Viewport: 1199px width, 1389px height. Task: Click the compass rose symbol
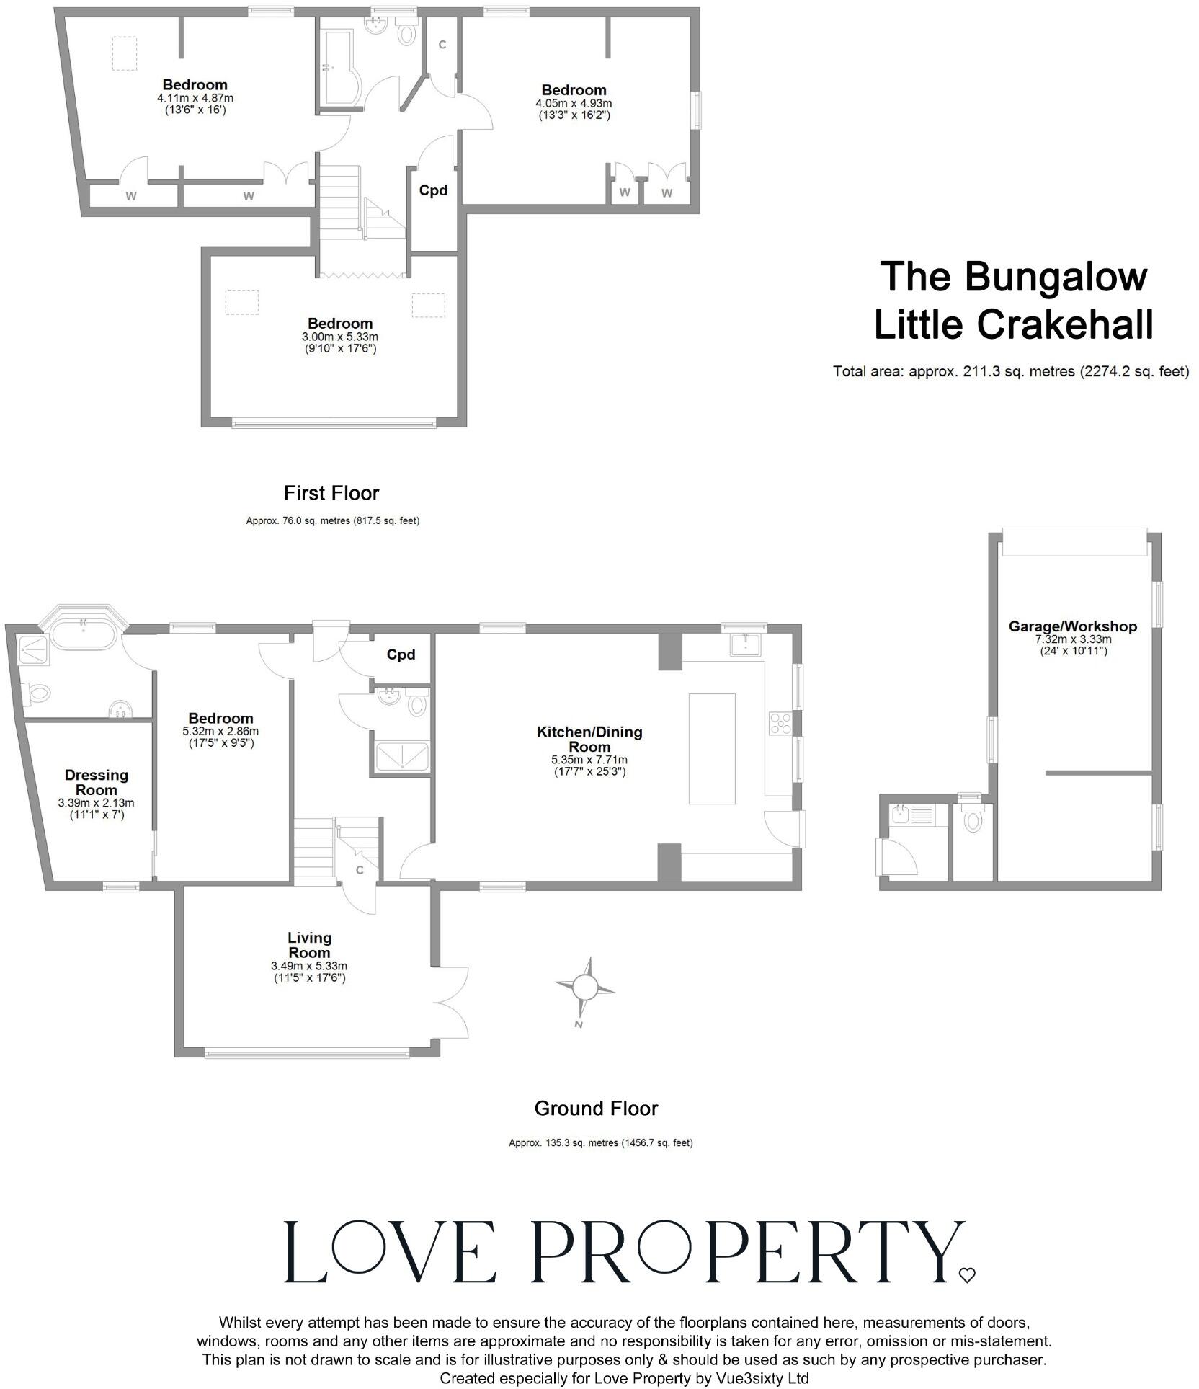pyautogui.click(x=585, y=986)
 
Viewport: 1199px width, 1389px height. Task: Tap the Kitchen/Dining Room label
pyautogui.click(x=589, y=739)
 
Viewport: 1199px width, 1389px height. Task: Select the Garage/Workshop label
pyautogui.click(x=1072, y=626)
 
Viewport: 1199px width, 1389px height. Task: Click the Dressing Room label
pyautogui.click(x=97, y=782)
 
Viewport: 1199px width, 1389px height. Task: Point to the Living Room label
pyautogui.click(x=309, y=945)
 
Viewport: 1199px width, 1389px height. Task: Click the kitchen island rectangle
pyautogui.click(x=712, y=748)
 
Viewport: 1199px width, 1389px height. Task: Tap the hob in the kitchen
pyautogui.click(x=780, y=723)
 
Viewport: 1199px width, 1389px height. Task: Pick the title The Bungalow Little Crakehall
pyautogui.click(x=1014, y=300)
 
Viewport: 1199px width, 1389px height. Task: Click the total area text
pyautogui.click(x=1010, y=372)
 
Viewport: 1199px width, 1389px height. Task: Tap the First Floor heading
pyautogui.click(x=331, y=493)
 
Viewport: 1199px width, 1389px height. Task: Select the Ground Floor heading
pyautogui.click(x=596, y=1108)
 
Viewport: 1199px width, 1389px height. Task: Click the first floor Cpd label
pyautogui.click(x=434, y=190)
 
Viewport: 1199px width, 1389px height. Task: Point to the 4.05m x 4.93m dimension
pyautogui.click(x=574, y=103)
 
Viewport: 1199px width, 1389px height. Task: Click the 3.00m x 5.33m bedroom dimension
pyautogui.click(x=339, y=337)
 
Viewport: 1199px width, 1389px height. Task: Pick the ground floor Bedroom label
pyautogui.click(x=220, y=718)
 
